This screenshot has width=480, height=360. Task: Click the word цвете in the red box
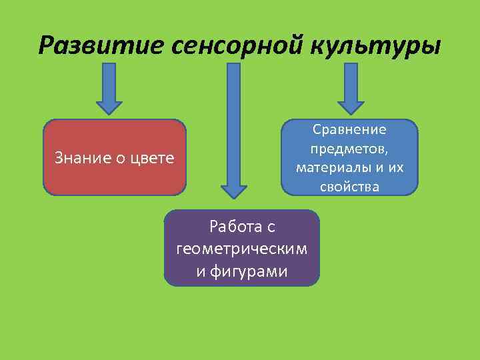[151, 158]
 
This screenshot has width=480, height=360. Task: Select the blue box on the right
[349, 157]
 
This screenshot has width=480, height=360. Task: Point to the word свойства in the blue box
[349, 187]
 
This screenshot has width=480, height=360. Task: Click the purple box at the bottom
[241, 248]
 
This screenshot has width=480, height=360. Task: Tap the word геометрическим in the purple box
[241, 249]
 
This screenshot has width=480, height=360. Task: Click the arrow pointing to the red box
[109, 87]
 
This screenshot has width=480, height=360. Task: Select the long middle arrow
[233, 127]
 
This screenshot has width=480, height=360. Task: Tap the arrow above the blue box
[351, 87]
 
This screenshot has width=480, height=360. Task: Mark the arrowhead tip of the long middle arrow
[233, 197]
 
